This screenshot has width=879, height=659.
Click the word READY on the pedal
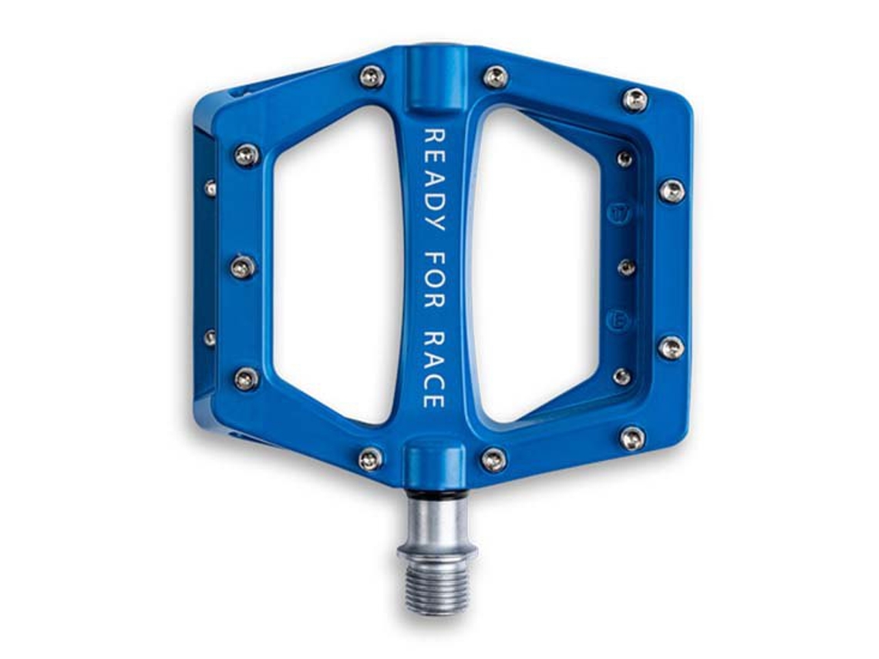[434, 180]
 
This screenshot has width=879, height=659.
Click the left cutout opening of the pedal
[335, 264]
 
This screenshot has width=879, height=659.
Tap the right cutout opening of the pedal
[538, 264]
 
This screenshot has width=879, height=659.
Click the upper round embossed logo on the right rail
[619, 213]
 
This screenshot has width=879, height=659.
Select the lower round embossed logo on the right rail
[619, 321]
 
